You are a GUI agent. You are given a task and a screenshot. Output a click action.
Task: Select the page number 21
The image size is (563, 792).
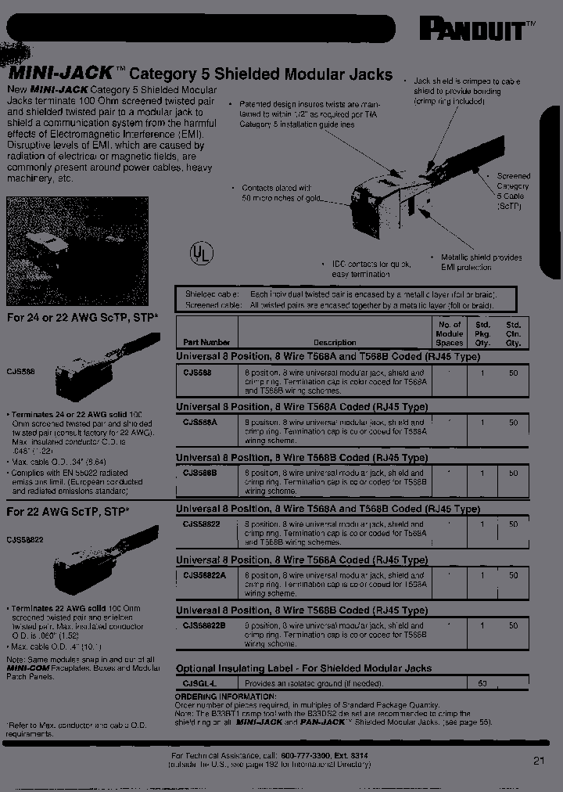539,759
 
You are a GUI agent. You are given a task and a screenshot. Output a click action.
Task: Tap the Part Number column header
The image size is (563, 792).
206,342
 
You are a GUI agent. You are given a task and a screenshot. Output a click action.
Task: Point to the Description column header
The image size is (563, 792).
335,342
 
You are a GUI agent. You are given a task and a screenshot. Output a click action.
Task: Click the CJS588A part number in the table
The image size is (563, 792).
200,422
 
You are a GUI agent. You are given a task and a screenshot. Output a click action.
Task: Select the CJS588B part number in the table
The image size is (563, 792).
200,473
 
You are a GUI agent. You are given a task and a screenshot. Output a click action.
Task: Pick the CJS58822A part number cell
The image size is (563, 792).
205,574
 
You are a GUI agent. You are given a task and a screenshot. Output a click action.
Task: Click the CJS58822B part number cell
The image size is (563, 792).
205,625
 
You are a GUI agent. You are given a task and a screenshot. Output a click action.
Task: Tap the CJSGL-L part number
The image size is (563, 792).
199,683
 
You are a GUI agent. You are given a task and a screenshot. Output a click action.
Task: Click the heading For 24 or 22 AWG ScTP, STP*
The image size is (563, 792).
82,319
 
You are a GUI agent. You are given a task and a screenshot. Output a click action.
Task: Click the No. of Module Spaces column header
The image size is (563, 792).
449,333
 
